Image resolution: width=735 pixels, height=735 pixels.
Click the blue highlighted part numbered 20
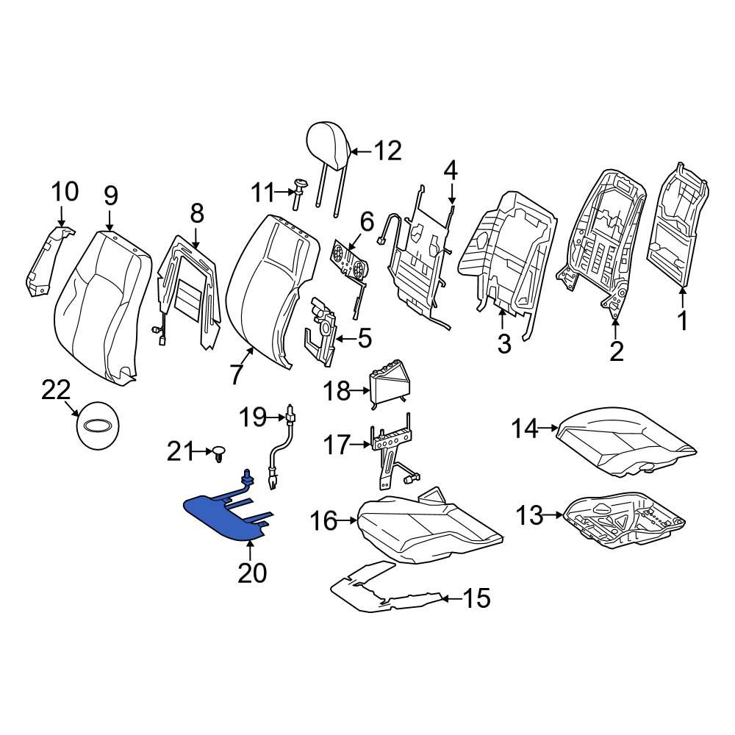220,518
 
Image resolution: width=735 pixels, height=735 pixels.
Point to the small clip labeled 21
220,453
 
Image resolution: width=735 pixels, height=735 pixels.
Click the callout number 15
476,598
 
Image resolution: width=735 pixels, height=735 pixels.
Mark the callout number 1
682,321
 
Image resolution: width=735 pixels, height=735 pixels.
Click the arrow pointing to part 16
348,522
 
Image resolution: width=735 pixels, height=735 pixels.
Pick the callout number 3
503,343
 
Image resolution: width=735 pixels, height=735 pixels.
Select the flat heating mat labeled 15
382,588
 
